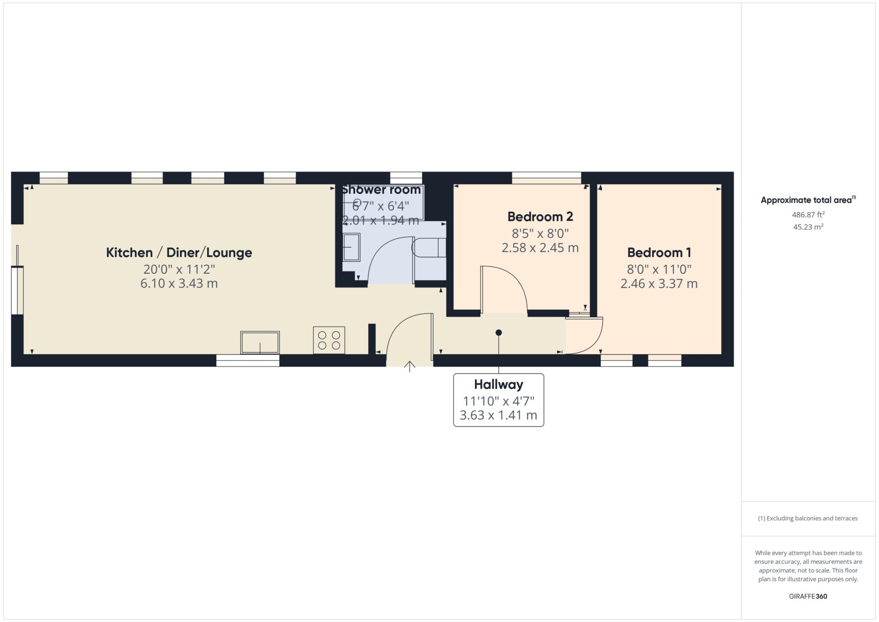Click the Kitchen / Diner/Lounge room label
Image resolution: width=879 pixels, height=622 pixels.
pos(179,252)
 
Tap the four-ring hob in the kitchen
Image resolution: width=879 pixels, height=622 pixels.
pos(329,340)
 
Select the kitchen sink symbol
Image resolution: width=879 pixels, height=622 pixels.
pos(260,342)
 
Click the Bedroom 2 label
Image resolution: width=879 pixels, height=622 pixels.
pos(540,216)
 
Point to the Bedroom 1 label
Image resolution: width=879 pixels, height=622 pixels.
pos(659,252)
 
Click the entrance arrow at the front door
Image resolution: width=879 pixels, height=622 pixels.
pos(409,366)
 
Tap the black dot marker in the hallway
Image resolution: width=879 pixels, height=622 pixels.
pos(498,332)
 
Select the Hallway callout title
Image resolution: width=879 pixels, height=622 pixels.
pos(498,384)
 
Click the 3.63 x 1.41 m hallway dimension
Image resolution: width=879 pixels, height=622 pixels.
pos(498,415)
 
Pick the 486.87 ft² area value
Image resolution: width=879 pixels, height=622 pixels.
pos(808,215)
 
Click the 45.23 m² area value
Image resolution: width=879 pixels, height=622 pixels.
pos(808,227)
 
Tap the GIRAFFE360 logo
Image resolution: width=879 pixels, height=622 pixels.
pos(808,596)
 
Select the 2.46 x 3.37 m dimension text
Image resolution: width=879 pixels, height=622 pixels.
pos(659,283)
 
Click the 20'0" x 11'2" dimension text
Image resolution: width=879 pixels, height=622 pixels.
pos(179,269)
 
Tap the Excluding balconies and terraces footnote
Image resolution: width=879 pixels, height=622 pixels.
pos(808,518)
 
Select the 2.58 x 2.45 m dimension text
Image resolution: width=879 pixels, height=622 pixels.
pos(540,248)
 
